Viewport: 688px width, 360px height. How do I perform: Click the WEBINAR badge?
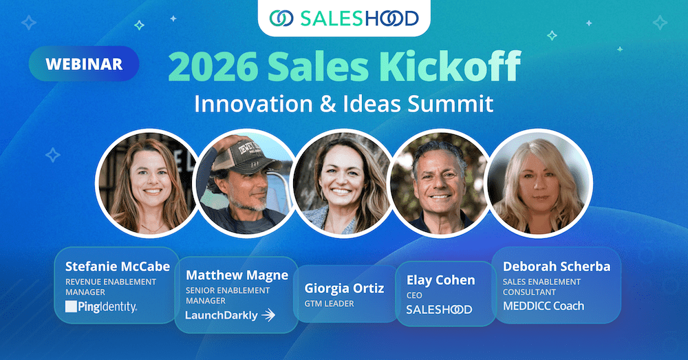pos(84,65)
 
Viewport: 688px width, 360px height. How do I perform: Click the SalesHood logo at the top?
pos(344,18)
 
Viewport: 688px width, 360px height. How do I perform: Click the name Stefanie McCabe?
pos(117,266)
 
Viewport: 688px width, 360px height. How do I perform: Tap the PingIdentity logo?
pos(101,307)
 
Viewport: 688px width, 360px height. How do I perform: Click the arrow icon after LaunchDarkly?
pos(269,316)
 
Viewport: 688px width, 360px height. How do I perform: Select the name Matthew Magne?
pos(237,275)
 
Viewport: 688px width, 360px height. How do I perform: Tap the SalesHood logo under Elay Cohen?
pos(439,310)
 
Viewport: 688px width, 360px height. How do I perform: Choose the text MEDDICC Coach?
pos(543,306)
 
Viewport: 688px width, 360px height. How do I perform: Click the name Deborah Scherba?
pos(557,266)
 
